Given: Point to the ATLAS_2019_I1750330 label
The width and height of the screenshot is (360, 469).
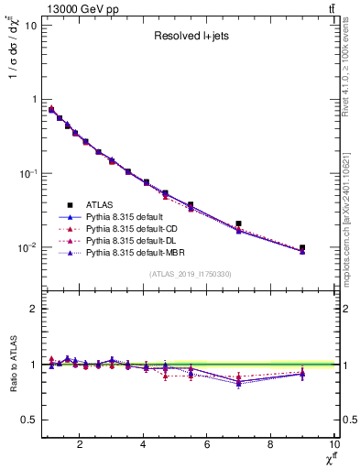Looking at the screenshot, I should pyautogui.click(x=191, y=274).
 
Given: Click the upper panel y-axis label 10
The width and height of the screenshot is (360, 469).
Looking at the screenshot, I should pyautogui.click(x=29, y=25).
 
